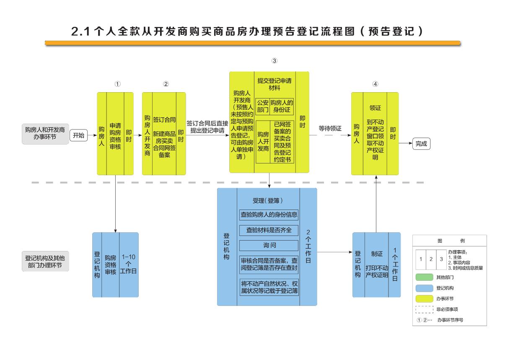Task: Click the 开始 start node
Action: (x=78, y=135)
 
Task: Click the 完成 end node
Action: (x=421, y=143)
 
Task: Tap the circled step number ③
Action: (x=275, y=61)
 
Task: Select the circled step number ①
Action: (x=118, y=84)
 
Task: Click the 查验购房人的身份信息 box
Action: (x=269, y=215)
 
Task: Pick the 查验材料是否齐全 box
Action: (x=269, y=230)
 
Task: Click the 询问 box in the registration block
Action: (x=269, y=246)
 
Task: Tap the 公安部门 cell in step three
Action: (x=262, y=106)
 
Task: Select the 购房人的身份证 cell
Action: (x=281, y=106)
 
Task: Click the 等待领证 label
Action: (x=330, y=128)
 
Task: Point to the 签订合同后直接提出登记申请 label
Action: (x=207, y=127)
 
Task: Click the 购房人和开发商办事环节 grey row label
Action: (x=45, y=133)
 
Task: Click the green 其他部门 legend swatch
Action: (x=424, y=277)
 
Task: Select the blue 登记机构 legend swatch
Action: (x=424, y=288)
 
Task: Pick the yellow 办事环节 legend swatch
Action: (x=424, y=299)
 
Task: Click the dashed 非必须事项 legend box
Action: (x=424, y=310)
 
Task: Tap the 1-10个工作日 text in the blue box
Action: (x=128, y=264)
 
